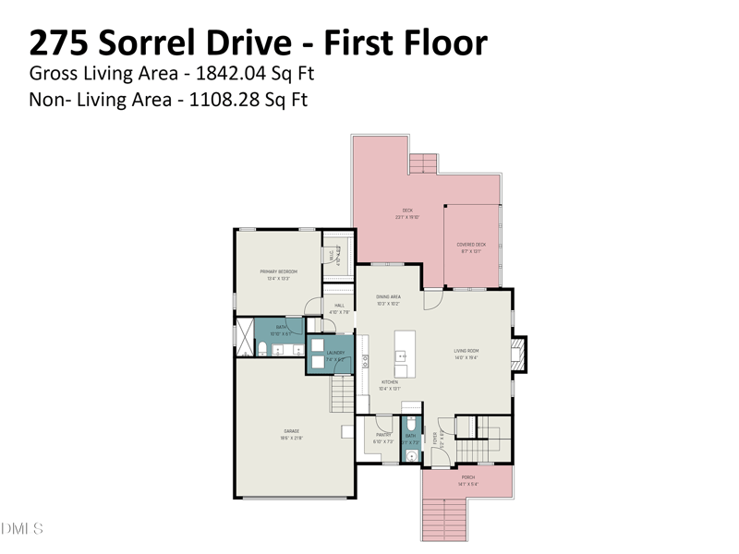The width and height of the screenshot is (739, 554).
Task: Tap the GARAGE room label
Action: (x=292, y=430)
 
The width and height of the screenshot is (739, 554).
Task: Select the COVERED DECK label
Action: (x=471, y=245)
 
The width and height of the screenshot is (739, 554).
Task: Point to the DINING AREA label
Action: (x=388, y=296)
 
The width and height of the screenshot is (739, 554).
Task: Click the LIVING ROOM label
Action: (x=466, y=351)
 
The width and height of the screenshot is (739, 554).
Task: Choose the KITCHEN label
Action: (x=390, y=381)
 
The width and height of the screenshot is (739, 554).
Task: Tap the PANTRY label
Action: (x=383, y=435)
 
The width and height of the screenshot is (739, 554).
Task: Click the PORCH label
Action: (x=468, y=477)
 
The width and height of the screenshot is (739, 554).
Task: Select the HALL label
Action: (x=339, y=306)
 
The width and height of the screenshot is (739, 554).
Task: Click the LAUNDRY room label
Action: (x=336, y=352)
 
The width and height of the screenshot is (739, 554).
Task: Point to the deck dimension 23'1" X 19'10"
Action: (x=407, y=217)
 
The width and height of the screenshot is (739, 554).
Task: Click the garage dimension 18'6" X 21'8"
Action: (x=292, y=438)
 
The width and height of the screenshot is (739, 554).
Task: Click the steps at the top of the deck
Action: (x=423, y=164)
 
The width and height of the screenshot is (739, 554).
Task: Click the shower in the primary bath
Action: (x=245, y=337)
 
